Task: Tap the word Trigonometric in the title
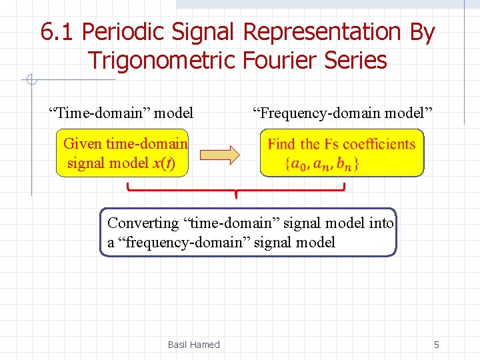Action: pyautogui.click(x=161, y=60)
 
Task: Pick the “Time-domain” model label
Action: pyautogui.click(x=121, y=113)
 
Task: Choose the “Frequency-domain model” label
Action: pyautogui.click(x=341, y=113)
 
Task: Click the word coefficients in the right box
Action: pyautogui.click(x=379, y=144)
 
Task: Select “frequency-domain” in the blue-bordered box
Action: pyautogui.click(x=173, y=242)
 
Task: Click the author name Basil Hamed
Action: pyautogui.click(x=193, y=345)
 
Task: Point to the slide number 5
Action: pyautogui.click(x=436, y=345)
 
